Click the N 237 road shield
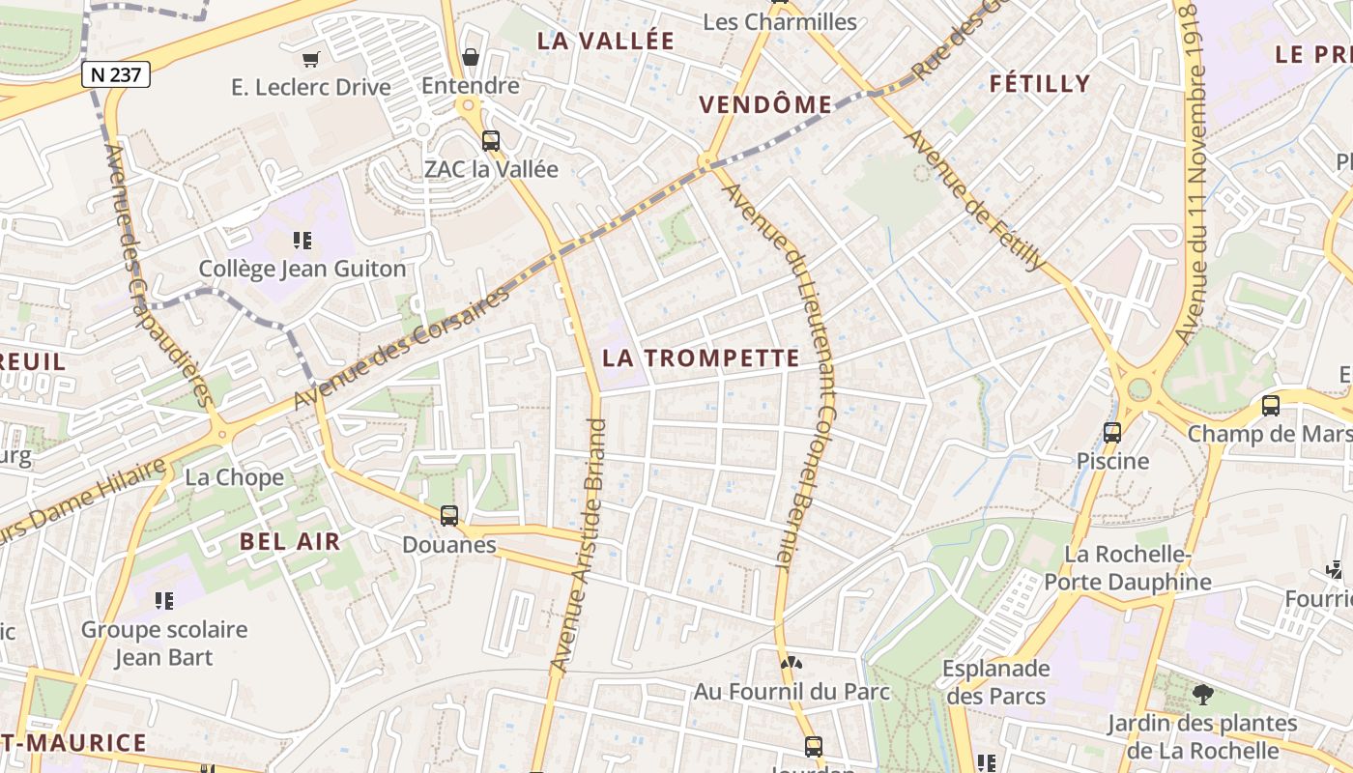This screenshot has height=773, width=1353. pyautogui.click(x=115, y=74)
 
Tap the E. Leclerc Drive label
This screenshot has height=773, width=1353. pyautogui.click(x=311, y=87)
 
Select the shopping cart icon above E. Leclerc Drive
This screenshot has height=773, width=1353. pyautogui.click(x=310, y=60)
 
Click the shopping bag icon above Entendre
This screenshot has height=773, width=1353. pyautogui.click(x=471, y=57)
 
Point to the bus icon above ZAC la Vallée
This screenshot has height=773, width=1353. pyautogui.click(x=491, y=141)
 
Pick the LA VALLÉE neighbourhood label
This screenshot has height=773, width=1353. pyautogui.click(x=606, y=41)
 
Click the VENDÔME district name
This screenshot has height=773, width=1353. pyautogui.click(x=765, y=104)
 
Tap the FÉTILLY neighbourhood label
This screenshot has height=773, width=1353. pyautogui.click(x=1040, y=84)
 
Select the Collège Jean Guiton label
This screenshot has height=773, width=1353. pyautogui.click(x=302, y=268)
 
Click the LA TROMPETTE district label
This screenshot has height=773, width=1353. pyautogui.click(x=701, y=358)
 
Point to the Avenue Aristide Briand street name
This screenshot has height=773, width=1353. pyautogui.click(x=578, y=545)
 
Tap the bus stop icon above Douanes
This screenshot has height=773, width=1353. pyautogui.click(x=449, y=516)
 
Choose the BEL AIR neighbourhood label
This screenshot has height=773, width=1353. pyautogui.click(x=290, y=541)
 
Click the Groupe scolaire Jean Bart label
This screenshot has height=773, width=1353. pyautogui.click(x=164, y=644)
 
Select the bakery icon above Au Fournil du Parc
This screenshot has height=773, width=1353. pyautogui.click(x=792, y=664)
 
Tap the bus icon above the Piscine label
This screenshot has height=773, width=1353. pyautogui.click(x=1112, y=432)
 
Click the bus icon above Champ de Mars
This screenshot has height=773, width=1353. pyautogui.click(x=1271, y=406)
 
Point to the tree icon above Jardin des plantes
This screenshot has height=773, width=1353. pyautogui.click(x=1202, y=694)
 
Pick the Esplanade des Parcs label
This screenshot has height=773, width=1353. pyautogui.click(x=995, y=681)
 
